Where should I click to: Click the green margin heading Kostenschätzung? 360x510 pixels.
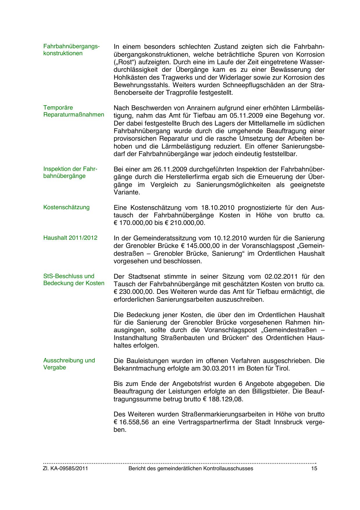[x=66, y=207]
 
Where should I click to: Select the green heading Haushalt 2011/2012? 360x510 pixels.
[x=70, y=238]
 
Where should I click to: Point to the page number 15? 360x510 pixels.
[x=314, y=468]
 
